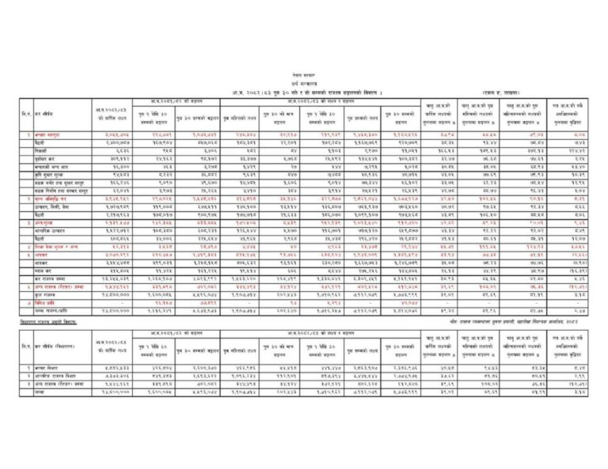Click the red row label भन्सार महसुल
[49, 135]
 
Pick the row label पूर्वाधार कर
[47, 157]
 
